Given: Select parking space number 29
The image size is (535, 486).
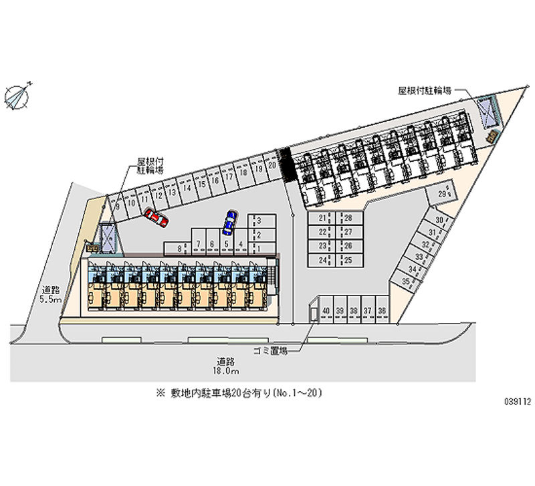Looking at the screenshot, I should tap(443, 193).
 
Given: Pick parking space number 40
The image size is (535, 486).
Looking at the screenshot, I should tap(326, 312).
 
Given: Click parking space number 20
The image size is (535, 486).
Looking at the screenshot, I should tap(272, 164).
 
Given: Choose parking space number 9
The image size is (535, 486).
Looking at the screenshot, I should tap(118, 207).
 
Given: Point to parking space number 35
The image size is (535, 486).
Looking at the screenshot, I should tap(407, 281).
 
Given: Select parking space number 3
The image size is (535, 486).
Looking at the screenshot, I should tap(258, 220).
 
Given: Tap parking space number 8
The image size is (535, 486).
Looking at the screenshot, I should tap(180, 249).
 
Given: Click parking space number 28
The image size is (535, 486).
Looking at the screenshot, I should tap(348, 219).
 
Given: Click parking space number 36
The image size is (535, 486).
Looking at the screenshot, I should tap(382, 312).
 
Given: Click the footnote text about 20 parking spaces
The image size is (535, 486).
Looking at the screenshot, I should tap(239, 394).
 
